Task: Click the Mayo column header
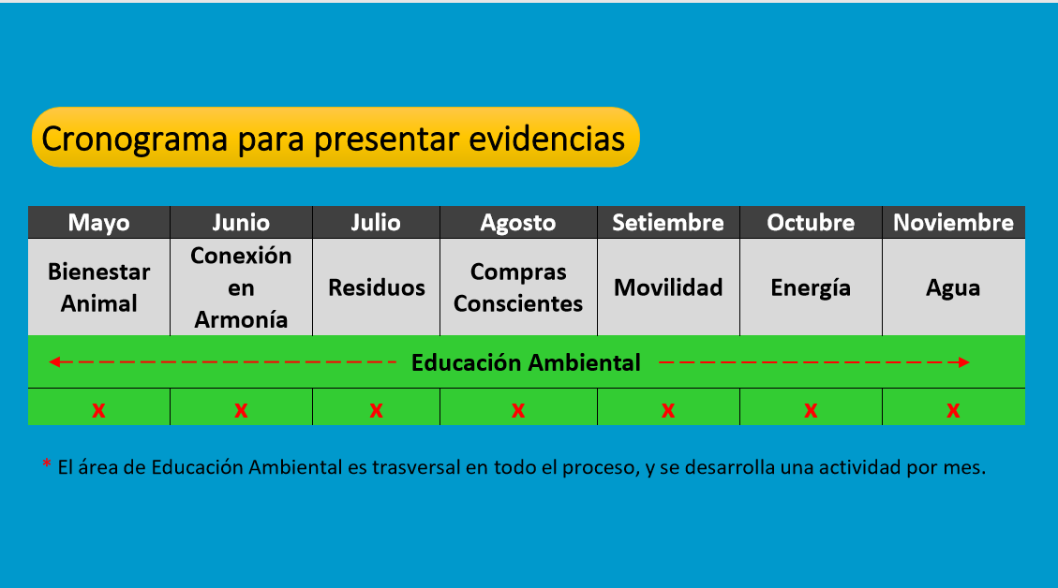pyautogui.click(x=98, y=223)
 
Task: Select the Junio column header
pyautogui.click(x=241, y=223)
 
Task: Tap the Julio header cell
pyautogui.click(x=376, y=223)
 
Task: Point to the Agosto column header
pyautogui.click(x=518, y=223)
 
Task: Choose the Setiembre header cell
pyautogui.click(x=668, y=223)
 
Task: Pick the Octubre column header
pyautogui.click(x=811, y=223)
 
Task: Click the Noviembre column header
pyautogui.click(x=953, y=223)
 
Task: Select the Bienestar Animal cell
pyautogui.click(x=98, y=287)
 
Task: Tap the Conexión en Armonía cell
pyautogui.click(x=241, y=287)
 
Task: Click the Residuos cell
pyautogui.click(x=376, y=287)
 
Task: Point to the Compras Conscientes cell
pyautogui.click(x=518, y=287)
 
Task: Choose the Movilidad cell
pyautogui.click(x=668, y=287)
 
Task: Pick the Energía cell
pyautogui.click(x=811, y=287)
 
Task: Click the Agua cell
pyautogui.click(x=953, y=287)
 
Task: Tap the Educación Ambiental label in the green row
pyautogui.click(x=526, y=362)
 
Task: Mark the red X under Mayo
pyautogui.click(x=98, y=410)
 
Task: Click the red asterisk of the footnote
pyautogui.click(x=47, y=463)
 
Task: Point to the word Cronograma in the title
pyautogui.click(x=134, y=139)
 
